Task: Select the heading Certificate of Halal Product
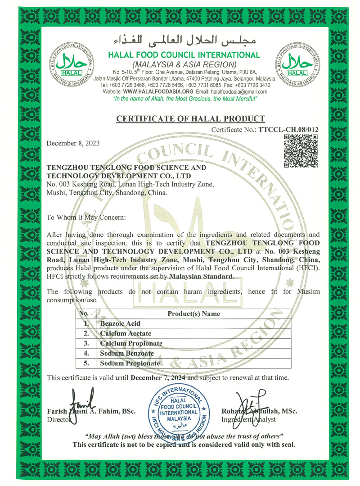(191, 119)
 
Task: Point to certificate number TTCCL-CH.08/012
(288, 130)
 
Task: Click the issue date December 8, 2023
(73, 143)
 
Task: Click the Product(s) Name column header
(194, 313)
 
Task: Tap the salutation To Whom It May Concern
(86, 217)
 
